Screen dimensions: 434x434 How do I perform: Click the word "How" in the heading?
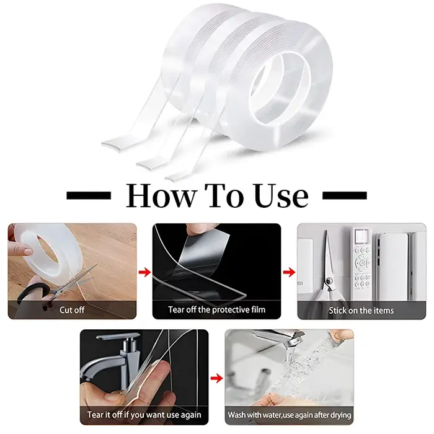click(161, 195)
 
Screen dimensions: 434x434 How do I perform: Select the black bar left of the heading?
click(89, 195)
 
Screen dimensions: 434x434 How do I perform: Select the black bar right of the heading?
click(345, 195)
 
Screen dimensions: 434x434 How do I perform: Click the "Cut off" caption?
click(72, 310)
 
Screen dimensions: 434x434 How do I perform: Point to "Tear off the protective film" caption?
click(217, 309)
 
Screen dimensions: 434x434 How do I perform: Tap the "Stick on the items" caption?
click(361, 311)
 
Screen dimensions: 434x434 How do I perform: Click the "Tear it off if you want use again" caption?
click(144, 415)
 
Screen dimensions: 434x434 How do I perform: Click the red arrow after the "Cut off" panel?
click(144, 272)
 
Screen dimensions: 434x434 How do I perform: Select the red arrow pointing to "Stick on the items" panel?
click(290, 272)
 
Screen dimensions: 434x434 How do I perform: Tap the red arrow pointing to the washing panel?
click(216, 378)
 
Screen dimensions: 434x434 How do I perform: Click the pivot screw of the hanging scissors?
click(329, 281)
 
